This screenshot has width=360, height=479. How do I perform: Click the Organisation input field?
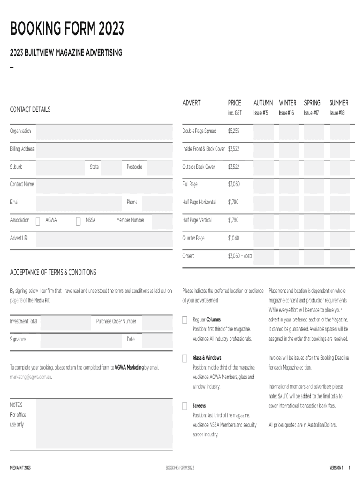coord(103,131)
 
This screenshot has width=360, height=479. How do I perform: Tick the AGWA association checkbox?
coord(38,221)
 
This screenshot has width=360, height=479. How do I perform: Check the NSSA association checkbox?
coord(78,221)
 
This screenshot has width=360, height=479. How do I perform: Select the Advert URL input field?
coord(103,239)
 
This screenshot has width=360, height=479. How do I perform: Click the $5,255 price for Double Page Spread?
coord(233,131)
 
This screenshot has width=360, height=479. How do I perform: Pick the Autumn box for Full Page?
coord(264,185)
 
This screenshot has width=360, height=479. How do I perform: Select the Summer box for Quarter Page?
coord(339,239)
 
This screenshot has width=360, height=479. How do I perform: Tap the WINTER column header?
coord(288,103)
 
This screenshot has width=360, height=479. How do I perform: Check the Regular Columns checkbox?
coord(185,320)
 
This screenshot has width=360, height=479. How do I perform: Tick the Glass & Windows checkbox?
coord(185,358)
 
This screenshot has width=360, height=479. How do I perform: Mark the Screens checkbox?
coord(185,406)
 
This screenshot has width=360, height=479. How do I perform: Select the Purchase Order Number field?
coord(157,322)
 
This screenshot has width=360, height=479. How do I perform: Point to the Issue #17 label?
coord(311,113)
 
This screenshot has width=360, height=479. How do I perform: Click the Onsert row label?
coord(188,256)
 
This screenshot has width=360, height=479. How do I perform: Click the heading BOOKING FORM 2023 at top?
coord(67,29)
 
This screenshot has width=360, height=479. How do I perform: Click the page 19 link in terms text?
coord(16,300)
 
